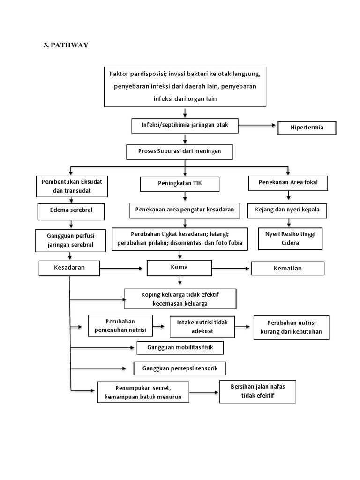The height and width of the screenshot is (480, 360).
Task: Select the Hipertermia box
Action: pyautogui.click(x=307, y=128)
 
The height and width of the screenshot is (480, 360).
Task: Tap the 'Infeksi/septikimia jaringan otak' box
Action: pyautogui.click(x=185, y=125)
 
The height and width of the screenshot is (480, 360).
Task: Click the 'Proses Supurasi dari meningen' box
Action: pyautogui.click(x=180, y=152)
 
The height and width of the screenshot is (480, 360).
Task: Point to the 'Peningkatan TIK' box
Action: pyautogui.click(x=180, y=184)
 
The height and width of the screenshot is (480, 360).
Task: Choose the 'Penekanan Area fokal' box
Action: pyautogui.click(x=288, y=182)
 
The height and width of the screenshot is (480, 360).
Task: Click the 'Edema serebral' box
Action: pyautogui.click(x=71, y=210)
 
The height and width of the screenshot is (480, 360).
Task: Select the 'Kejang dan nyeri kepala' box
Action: pyautogui.click(x=287, y=210)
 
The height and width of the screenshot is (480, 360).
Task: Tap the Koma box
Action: pyautogui.click(x=180, y=267)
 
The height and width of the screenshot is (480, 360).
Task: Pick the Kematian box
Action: pyautogui.click(x=287, y=268)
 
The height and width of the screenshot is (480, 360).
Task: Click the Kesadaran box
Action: pyautogui.click(x=69, y=268)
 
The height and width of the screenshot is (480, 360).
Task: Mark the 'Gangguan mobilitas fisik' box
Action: pyautogui.click(x=180, y=348)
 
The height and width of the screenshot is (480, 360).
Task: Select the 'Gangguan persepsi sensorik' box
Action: pyautogui.click(x=180, y=368)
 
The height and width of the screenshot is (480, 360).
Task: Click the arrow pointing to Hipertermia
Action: pyautogui.click(x=257, y=126)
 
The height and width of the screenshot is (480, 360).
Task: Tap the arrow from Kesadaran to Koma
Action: pyautogui.click(x=123, y=268)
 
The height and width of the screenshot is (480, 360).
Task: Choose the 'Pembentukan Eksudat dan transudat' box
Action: pyautogui.click(x=72, y=186)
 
